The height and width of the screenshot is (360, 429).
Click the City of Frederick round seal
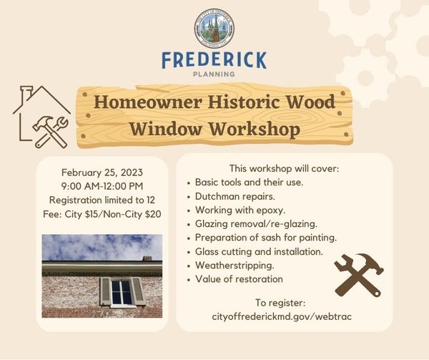(x=214, y=28)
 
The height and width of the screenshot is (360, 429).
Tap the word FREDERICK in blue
(x=214, y=60)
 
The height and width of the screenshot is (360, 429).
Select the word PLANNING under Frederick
(x=214, y=74)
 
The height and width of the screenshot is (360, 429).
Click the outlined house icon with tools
(x=41, y=117)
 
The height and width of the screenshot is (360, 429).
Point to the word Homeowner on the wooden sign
(x=148, y=102)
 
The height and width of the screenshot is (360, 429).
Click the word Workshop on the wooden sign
(x=255, y=129)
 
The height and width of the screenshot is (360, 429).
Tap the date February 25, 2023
(x=102, y=172)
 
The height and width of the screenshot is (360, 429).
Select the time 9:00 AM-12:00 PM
(x=102, y=186)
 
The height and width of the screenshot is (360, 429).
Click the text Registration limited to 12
(x=102, y=200)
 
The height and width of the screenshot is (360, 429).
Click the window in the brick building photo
(x=122, y=292)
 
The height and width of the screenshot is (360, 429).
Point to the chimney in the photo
(x=147, y=258)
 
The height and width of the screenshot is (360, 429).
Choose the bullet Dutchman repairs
(x=235, y=196)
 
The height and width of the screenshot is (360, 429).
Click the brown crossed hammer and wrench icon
(x=359, y=275)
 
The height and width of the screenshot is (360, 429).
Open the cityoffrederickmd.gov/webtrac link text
(x=282, y=317)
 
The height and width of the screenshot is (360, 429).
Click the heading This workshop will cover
(x=285, y=168)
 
